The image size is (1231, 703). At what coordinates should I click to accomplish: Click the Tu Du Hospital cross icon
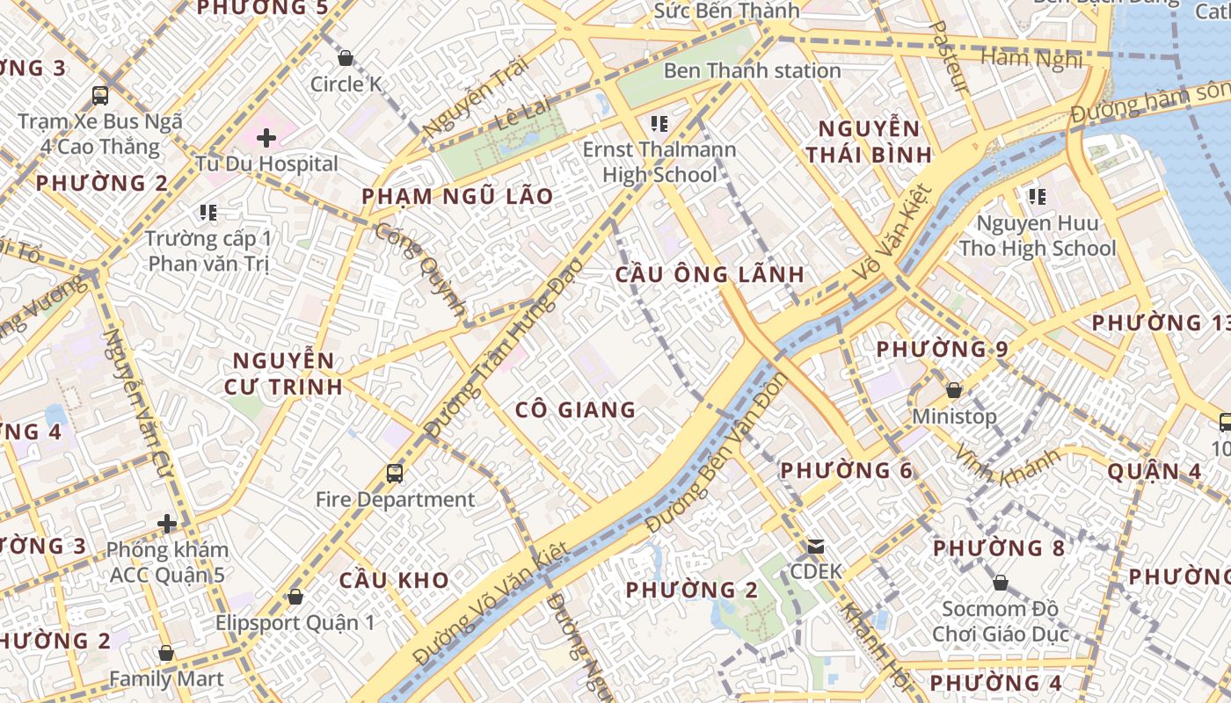(x=266, y=138)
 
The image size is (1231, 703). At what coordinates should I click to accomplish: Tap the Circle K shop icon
(x=346, y=59)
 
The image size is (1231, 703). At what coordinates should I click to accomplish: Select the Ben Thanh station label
(x=752, y=70)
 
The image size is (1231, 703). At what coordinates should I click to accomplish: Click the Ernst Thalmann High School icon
(x=659, y=124)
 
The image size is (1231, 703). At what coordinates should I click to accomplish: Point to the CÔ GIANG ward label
(x=575, y=409)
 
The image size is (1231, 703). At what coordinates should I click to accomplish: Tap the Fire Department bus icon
(x=395, y=474)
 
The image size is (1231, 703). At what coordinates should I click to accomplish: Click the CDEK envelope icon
(x=816, y=547)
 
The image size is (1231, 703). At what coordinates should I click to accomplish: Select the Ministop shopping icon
(x=954, y=390)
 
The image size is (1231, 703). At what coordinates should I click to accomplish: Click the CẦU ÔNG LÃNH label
(x=710, y=274)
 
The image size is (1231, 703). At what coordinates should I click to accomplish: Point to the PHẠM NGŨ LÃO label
(x=457, y=196)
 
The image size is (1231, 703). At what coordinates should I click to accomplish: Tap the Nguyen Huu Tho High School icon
(x=1038, y=197)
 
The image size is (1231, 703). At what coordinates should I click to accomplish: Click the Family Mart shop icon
(x=166, y=654)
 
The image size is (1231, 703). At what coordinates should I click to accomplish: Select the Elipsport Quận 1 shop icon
(x=295, y=598)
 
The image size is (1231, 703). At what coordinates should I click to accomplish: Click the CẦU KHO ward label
(x=394, y=580)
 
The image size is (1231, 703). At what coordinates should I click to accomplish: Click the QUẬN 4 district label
(x=1154, y=471)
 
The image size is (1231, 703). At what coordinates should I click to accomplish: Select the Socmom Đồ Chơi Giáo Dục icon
(x=1000, y=583)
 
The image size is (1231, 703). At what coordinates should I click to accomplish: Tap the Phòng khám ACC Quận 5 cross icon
(x=167, y=525)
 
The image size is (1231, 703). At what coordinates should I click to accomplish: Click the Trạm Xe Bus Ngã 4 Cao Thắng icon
(x=100, y=96)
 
